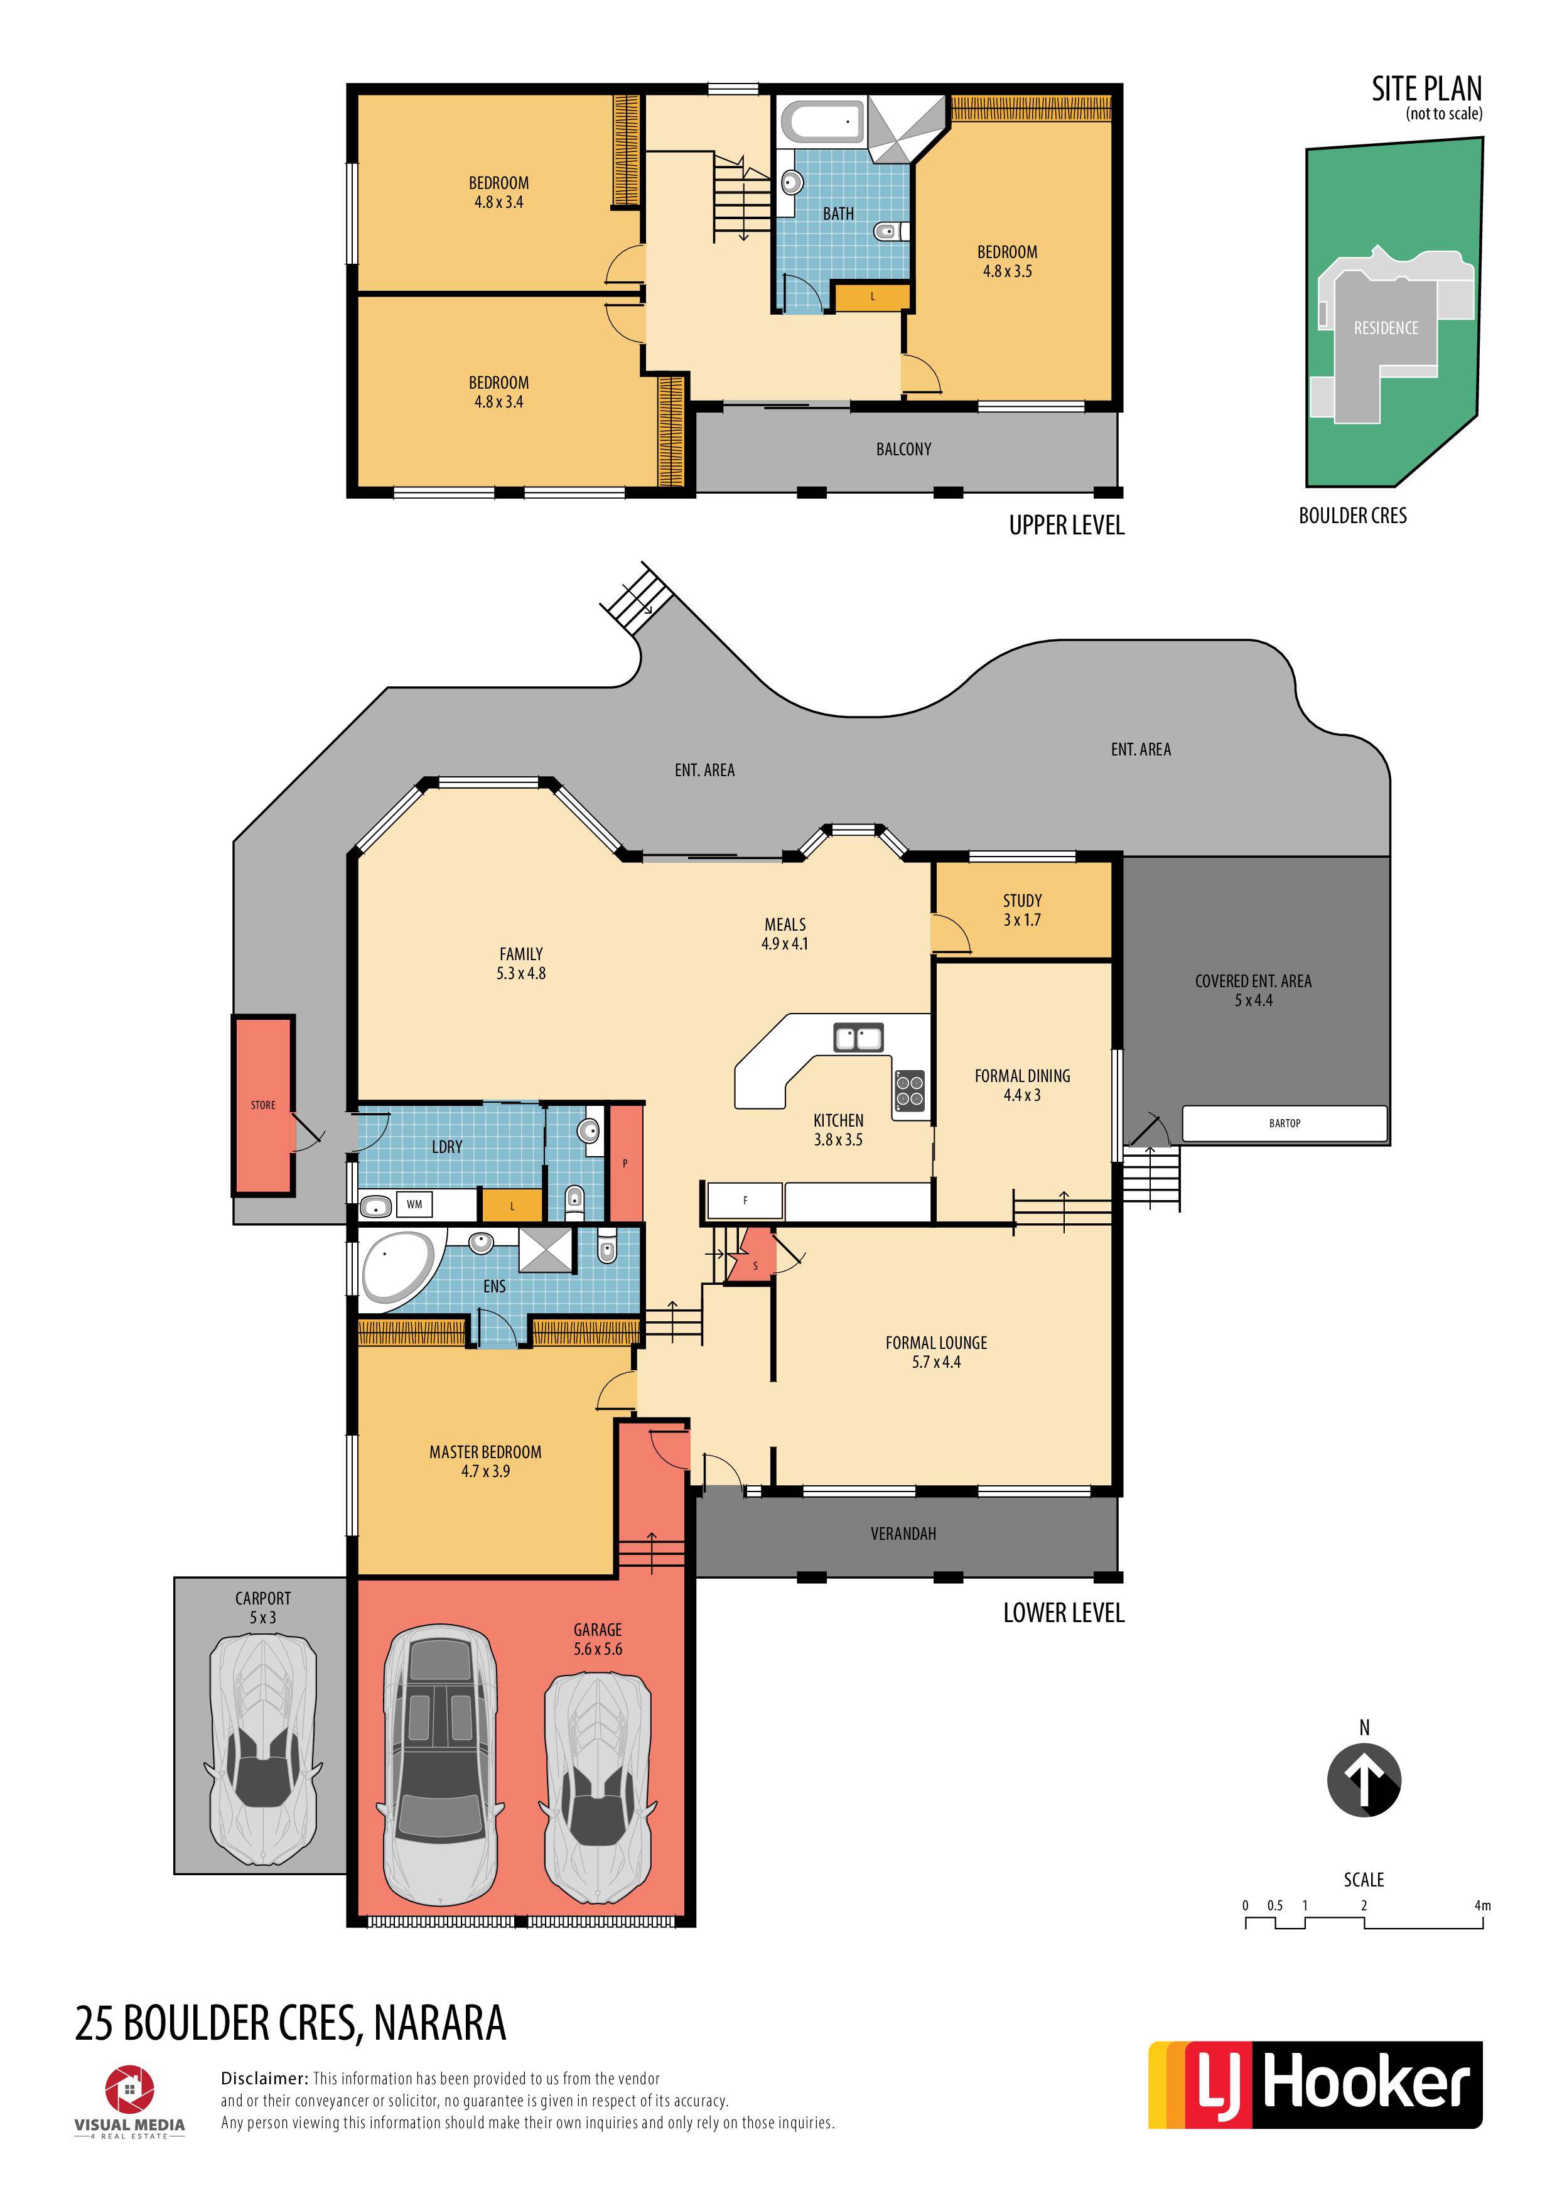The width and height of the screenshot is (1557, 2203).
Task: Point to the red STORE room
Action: tap(263, 1105)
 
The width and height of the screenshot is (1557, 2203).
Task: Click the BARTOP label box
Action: tap(1285, 1123)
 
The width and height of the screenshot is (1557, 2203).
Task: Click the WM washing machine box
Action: tap(414, 1204)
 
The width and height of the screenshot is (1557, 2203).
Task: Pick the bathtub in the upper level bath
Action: tap(822, 122)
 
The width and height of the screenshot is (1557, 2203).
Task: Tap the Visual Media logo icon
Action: tap(129, 2090)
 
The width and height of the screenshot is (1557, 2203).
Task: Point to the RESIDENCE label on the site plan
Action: tap(1385, 328)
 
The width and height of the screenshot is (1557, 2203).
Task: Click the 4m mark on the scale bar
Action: tap(1482, 1905)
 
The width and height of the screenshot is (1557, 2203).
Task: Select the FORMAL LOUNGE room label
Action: tap(935, 1343)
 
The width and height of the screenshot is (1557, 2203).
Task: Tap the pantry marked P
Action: tap(625, 1163)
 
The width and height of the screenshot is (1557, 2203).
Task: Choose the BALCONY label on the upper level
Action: tap(903, 449)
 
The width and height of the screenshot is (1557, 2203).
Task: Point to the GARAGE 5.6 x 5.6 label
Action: tap(598, 1639)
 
